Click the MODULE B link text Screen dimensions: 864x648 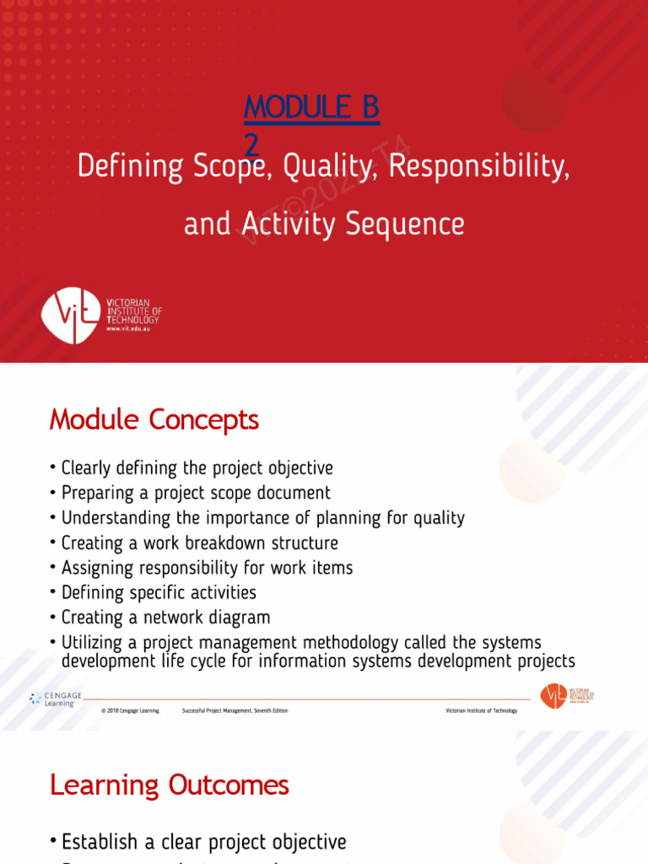311,108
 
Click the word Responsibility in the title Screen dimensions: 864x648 478,167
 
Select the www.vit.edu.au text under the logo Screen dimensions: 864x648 129,330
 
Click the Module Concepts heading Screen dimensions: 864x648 154,419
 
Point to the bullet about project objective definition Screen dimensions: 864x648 197,467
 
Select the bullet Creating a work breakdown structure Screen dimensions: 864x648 199,543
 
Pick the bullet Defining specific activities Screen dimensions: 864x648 159,593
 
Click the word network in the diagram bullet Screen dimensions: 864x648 176,618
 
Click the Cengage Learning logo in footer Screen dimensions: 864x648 56,699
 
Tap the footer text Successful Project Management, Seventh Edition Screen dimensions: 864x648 235,711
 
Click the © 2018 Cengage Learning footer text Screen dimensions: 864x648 130,711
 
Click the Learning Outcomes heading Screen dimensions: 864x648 170,786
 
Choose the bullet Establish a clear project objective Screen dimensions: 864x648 203,842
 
